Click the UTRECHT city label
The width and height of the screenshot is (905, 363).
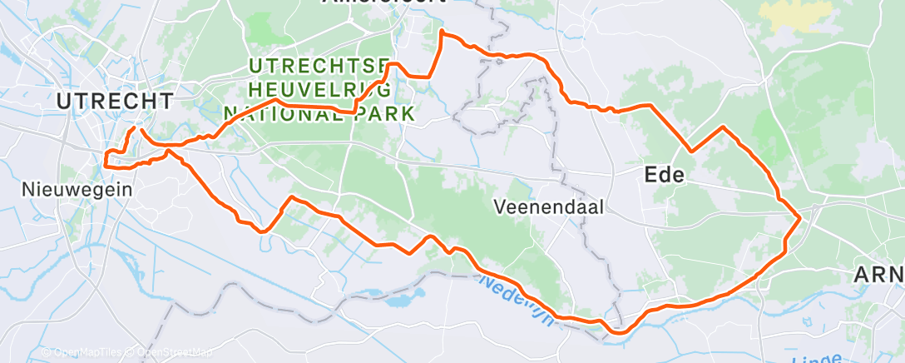click(115, 102)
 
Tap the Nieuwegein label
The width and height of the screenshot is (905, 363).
click(77, 189)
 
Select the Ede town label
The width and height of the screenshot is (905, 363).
click(664, 175)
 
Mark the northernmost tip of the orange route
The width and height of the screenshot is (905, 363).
click(442, 32)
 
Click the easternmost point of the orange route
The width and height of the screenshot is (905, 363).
click(799, 218)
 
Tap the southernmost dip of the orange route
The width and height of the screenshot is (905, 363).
click(619, 332)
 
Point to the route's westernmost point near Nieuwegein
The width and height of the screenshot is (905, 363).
click(105, 158)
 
